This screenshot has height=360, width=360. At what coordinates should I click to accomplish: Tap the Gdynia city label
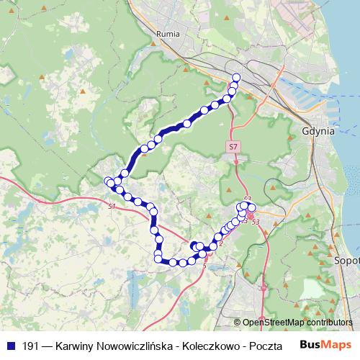coord(318,132)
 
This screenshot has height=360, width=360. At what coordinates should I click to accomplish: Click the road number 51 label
coord(112,207)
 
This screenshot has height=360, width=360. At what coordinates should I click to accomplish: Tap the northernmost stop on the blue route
coord(236,77)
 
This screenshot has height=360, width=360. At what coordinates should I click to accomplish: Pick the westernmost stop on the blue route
coord(109,181)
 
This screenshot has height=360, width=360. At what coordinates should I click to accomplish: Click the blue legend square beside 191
coord(10,346)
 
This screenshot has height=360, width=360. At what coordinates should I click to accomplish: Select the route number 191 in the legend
coord(31,346)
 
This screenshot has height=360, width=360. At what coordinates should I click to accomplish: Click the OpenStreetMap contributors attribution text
coord(297,322)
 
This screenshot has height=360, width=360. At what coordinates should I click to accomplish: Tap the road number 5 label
coord(204,267)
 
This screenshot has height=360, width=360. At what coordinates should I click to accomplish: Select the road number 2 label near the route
coord(221,242)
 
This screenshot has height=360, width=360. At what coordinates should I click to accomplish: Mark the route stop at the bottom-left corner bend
coord(158,258)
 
